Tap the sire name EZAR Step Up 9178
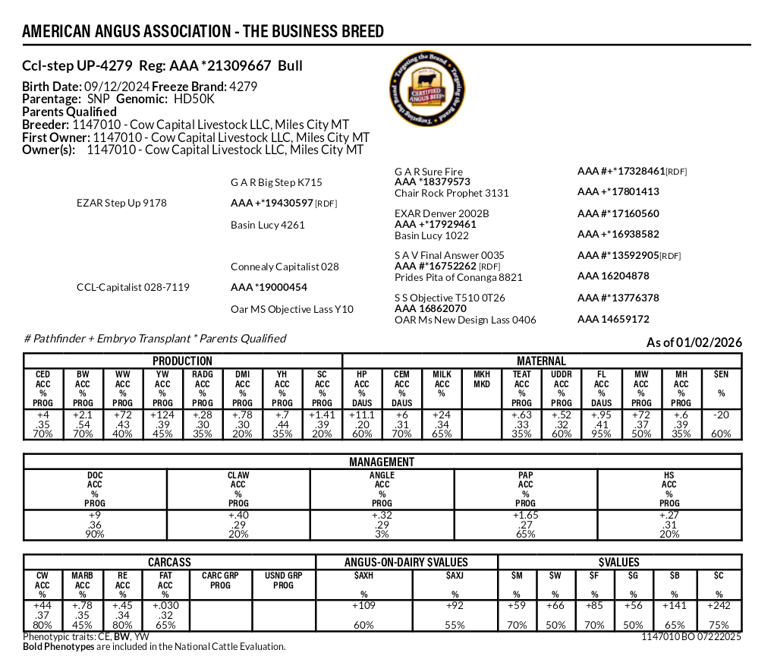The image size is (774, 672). pos(121,203)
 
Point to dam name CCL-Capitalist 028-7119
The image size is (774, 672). pos(133,288)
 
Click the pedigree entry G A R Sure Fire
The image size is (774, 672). pos(428,172)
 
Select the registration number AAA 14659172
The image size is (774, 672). pos(613,320)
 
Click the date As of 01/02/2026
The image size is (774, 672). pos(694,343)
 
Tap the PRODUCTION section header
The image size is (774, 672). pos(182,361)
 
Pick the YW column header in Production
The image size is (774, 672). pos(162,374)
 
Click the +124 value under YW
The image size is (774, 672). pos(162,415)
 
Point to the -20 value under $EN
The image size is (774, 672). pos(721,415)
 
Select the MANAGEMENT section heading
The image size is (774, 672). pos(382,462)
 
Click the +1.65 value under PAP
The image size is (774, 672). pos(525,516)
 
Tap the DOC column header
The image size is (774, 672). pos(95,475)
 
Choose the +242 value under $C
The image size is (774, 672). pos(718,606)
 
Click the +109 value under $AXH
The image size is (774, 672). pos(364,606)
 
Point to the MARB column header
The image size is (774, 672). pos(83,576)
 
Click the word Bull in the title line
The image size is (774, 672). pos(290,66)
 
